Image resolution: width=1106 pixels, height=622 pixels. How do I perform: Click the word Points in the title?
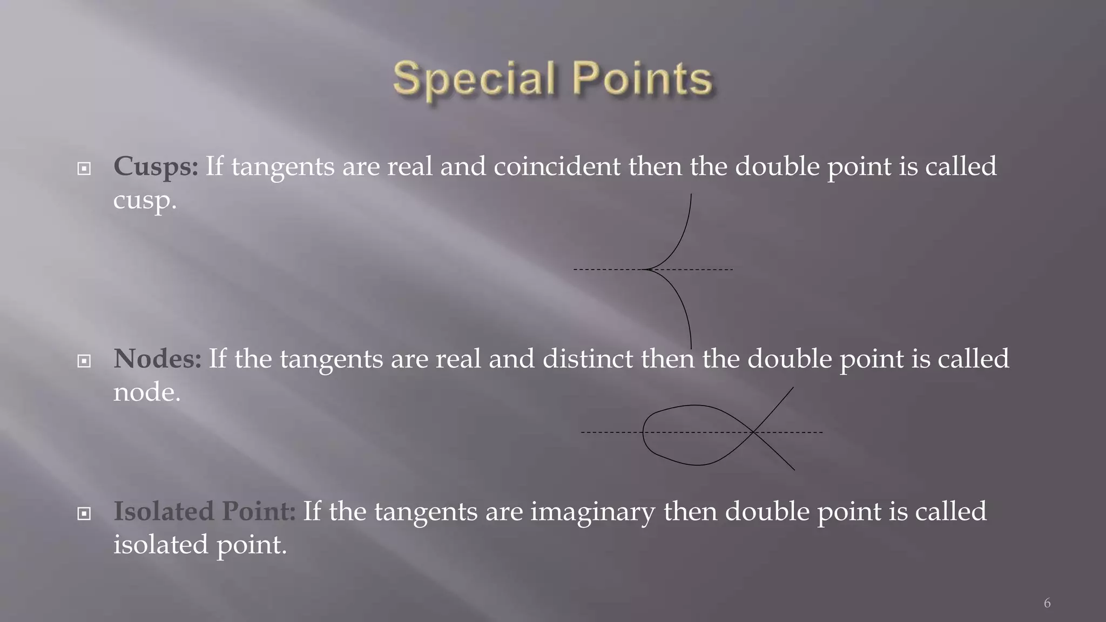click(642, 79)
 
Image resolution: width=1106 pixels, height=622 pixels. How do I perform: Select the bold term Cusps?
click(156, 166)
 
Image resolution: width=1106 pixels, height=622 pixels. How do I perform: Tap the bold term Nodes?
click(157, 359)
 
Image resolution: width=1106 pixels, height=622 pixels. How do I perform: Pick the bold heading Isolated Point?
click(204, 511)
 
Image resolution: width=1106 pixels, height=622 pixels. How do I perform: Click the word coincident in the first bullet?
click(557, 166)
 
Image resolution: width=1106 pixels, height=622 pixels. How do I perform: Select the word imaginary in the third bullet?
click(592, 512)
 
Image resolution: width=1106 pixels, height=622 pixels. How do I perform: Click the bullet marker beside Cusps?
click(84, 169)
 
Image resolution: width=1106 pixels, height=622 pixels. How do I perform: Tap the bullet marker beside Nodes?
click(84, 361)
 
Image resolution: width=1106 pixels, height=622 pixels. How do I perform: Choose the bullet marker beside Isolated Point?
click(84, 513)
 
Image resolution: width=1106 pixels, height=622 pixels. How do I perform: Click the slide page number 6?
click(1047, 603)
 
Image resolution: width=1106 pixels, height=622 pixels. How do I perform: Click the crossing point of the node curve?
click(753, 432)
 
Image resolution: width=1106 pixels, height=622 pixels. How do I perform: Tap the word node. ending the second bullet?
click(146, 392)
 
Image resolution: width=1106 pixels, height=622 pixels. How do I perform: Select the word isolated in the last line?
click(160, 544)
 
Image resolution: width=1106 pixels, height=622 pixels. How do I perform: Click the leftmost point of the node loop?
click(643, 432)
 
